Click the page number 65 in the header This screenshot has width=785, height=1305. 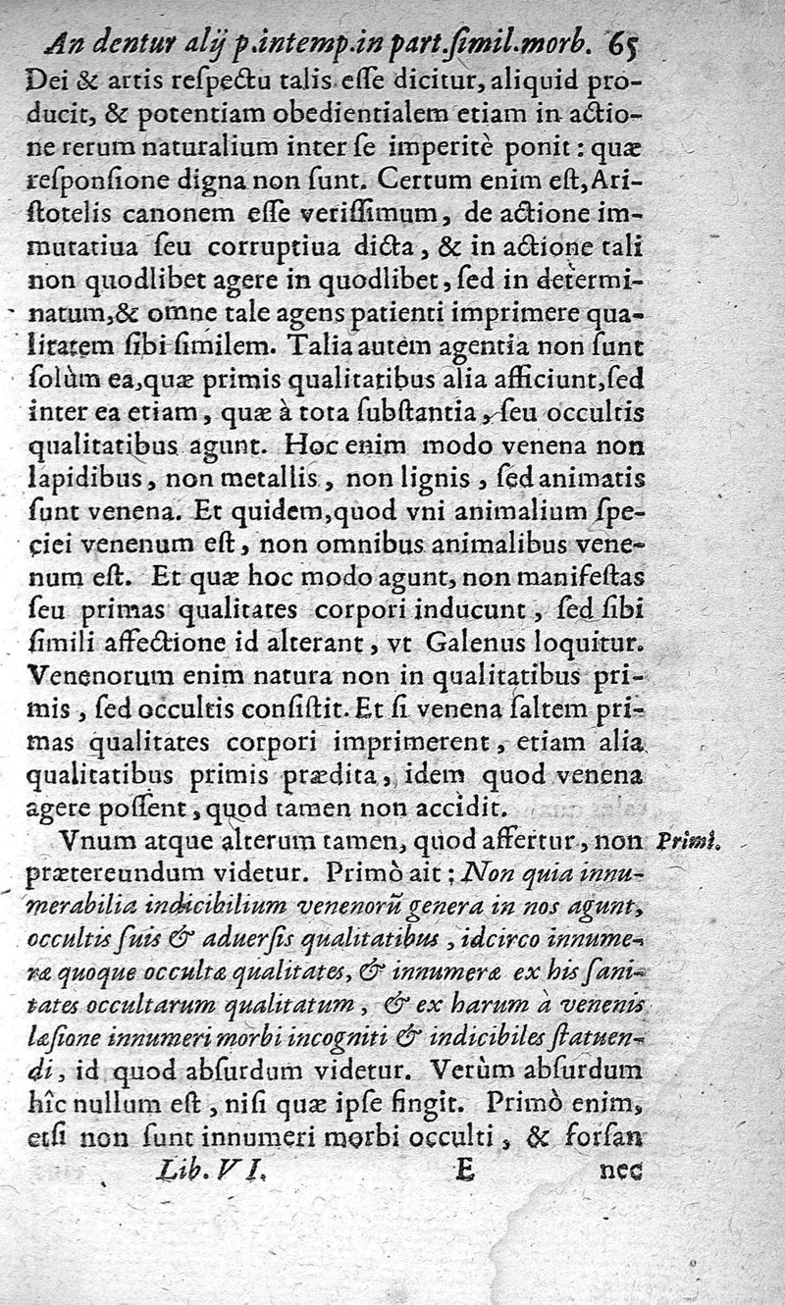624,44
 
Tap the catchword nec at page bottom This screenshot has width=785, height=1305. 618,1171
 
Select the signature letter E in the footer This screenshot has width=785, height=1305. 465,1170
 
